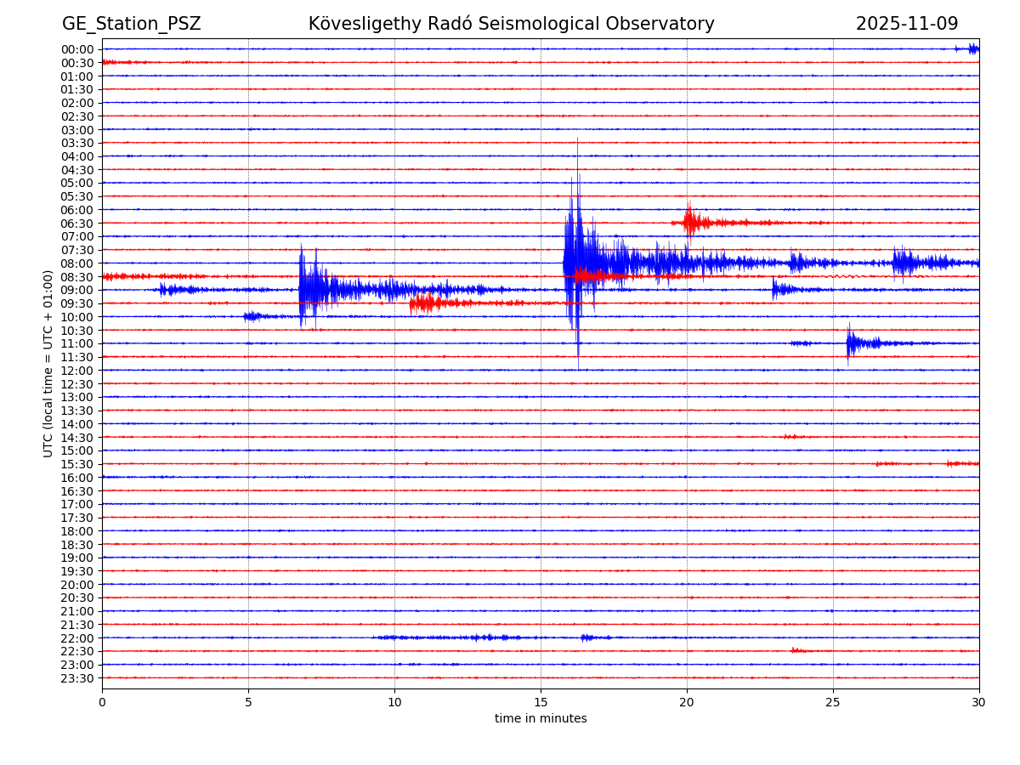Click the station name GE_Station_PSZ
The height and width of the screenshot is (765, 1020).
[131, 24]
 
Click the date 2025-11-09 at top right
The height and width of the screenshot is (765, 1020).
[906, 24]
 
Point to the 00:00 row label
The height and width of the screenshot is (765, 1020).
[77, 49]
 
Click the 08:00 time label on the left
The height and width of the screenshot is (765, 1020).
[77, 263]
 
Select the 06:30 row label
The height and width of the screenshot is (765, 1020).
[77, 224]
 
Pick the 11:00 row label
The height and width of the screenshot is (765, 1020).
[77, 343]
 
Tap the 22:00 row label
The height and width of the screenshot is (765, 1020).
[77, 638]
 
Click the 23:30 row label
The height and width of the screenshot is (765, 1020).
[77, 678]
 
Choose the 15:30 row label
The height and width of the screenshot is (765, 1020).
[77, 464]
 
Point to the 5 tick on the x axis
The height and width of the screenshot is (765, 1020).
[248, 703]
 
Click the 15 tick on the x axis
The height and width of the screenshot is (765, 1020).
[541, 703]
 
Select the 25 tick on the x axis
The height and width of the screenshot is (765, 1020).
[833, 703]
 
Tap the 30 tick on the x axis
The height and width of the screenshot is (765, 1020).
[979, 703]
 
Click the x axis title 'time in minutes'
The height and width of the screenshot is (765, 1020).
[541, 719]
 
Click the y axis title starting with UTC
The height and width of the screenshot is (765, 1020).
[48, 363]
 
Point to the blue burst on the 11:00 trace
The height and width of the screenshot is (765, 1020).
[854, 343]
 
